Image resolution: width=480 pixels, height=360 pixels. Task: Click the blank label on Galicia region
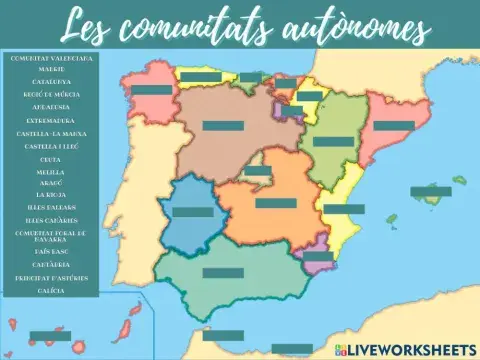tap(151, 90)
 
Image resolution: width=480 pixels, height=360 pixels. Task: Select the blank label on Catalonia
tap(393, 126)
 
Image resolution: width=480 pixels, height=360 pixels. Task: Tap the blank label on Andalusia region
tap(222, 272)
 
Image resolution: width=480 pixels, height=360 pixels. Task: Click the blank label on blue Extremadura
tap(193, 212)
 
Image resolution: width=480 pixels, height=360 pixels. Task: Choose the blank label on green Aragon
tap(333, 142)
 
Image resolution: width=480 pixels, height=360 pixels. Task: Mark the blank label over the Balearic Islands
tap(430, 191)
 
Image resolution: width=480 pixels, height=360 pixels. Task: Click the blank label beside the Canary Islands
tap(50, 336)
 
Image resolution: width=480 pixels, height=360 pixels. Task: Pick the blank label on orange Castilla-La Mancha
tap(275, 203)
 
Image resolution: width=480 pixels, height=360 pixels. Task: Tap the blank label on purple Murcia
tap(318, 256)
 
